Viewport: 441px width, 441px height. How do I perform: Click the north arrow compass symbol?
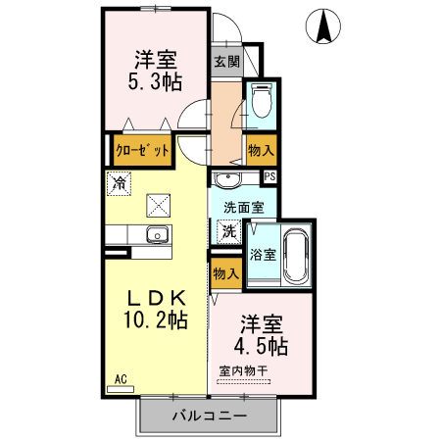[x=322, y=26]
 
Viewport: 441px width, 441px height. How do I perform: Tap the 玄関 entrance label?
[x=225, y=61]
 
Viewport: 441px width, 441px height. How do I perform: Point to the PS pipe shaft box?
[x=270, y=176]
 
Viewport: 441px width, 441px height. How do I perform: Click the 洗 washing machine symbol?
[x=227, y=231]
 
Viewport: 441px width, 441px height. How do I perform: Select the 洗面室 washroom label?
[x=243, y=208]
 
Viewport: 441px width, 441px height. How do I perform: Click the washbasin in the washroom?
[x=227, y=180]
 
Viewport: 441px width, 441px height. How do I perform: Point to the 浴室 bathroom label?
[x=263, y=255]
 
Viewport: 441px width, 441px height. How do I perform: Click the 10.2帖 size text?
[x=154, y=318]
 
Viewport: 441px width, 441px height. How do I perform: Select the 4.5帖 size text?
[x=260, y=346]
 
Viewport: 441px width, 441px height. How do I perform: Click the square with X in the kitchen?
[x=158, y=204]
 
